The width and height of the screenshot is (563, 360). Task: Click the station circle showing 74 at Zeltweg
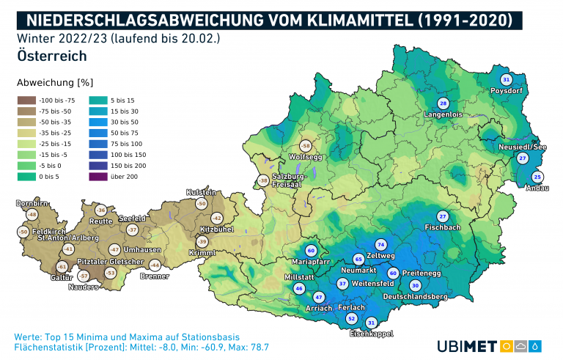pos(380,244)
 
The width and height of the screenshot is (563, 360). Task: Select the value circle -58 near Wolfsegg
pos(306,146)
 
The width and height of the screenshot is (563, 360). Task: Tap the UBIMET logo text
pos(468,345)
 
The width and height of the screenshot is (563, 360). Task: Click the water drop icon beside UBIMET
pos(537,345)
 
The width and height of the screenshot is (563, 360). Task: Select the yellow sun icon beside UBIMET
pos(507,345)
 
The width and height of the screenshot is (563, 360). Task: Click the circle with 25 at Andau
pos(537,177)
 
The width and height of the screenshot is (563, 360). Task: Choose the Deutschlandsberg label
pos(415,296)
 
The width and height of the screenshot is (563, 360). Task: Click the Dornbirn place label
pos(32,201)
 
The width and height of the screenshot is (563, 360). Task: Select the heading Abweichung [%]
pos(55,82)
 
